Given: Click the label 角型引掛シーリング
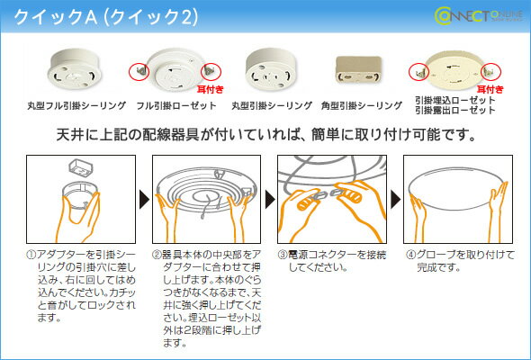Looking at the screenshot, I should coord(361,105).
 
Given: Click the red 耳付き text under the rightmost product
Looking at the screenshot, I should coord(490,90).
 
